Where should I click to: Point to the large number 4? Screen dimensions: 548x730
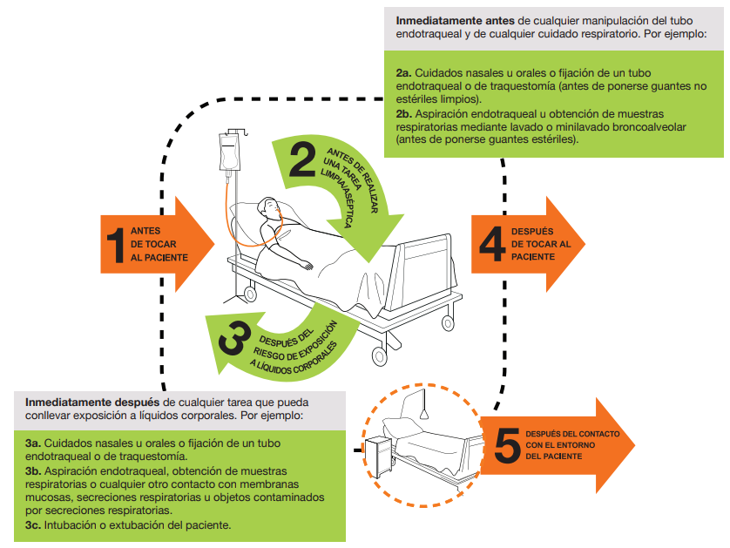coord(492,244)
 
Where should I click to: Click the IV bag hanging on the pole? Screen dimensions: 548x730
coord(230,152)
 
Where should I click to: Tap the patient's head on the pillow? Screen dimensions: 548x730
coord(268,210)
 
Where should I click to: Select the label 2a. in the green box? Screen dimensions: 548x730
coord(403,72)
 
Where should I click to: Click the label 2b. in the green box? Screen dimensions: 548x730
coord(403,114)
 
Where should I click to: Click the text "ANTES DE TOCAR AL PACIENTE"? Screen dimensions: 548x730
coord(159,245)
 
